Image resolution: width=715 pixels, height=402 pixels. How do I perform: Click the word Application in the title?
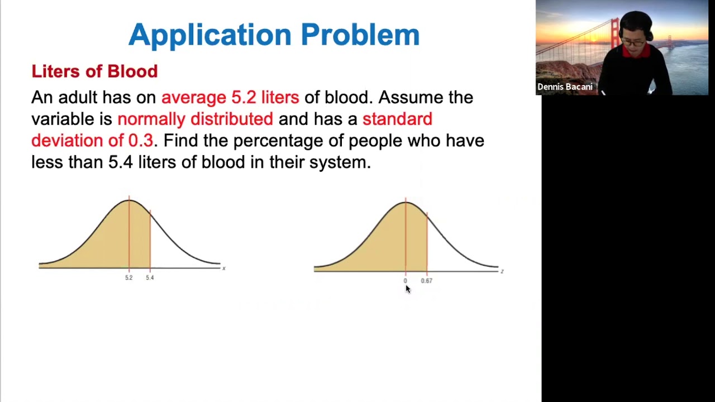[211, 35]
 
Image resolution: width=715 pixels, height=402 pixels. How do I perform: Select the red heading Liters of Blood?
[94, 71]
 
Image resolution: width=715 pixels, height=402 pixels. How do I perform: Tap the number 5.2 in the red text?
[244, 97]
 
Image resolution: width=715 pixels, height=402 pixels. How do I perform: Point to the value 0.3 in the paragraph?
[140, 141]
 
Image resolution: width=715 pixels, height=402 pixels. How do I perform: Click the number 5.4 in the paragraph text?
[121, 162]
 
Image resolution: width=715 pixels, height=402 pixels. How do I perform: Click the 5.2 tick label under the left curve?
[129, 277]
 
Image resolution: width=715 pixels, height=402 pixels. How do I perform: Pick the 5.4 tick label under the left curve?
[150, 277]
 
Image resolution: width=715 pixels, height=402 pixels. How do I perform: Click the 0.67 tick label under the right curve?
[426, 281]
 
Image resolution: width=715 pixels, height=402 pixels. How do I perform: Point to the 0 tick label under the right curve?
[406, 281]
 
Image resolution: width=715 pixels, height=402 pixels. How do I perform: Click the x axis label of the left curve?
[223, 269]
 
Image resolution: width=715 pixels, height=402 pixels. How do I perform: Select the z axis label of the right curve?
[502, 271]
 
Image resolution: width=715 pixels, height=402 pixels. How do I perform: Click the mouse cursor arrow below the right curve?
[407, 288]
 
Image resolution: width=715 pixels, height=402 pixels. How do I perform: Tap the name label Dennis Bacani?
[565, 87]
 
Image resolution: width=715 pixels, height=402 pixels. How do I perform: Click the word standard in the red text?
[397, 119]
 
